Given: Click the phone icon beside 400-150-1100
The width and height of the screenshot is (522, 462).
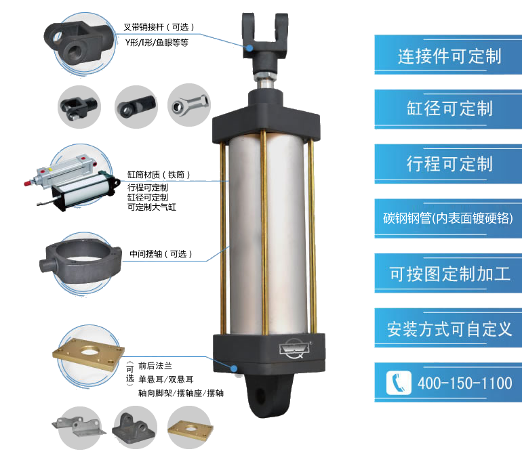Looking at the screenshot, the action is (399, 383).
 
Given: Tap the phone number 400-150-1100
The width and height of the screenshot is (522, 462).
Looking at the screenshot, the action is (465, 383).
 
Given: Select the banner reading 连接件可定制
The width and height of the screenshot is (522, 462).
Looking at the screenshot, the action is (448, 55).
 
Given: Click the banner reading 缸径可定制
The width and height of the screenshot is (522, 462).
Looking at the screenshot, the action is (448, 109).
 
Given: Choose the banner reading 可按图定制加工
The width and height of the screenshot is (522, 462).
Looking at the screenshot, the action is (448, 274).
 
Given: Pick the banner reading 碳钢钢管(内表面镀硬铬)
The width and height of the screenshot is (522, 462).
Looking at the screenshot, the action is (448, 219).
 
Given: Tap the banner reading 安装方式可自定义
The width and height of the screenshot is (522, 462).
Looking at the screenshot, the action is (448, 328).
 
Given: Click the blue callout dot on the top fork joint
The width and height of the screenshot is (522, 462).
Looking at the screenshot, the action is (249, 48).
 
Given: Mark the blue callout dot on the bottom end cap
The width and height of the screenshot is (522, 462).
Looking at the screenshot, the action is (235, 369).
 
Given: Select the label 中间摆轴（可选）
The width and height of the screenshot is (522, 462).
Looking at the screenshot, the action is (161, 254).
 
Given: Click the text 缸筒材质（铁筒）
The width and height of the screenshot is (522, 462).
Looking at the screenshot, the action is (159, 175).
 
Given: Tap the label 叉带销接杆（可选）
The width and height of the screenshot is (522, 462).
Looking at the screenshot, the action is (159, 27).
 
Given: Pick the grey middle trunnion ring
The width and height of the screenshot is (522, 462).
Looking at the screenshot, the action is (80, 260).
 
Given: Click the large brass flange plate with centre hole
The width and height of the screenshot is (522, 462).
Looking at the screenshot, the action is (89, 354).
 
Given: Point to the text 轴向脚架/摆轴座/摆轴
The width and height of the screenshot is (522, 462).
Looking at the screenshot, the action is (181, 393).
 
